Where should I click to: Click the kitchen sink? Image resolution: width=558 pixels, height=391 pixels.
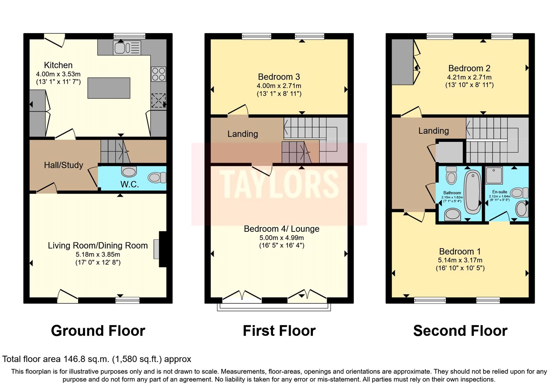coord(127,47)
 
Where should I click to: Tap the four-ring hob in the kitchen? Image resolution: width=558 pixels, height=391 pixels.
coord(158,74)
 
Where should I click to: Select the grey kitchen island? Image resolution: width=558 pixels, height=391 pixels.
coord(109,88)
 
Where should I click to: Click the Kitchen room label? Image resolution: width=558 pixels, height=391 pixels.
coord(58,65)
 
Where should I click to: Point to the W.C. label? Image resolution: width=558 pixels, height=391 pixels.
coord(130,184)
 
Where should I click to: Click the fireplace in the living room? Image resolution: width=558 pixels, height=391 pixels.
coord(162,249)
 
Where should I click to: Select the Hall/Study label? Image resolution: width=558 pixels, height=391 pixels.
coord(63,165)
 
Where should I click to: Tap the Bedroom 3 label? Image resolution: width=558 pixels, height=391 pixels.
coord(279,77)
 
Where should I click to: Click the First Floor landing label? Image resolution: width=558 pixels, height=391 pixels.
coord(243,134)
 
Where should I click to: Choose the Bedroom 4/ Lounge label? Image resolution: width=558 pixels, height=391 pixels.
coord(281,229)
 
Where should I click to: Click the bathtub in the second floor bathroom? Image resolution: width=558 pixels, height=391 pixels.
coord(473,192)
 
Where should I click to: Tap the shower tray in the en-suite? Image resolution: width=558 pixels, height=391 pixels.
coord(494,175)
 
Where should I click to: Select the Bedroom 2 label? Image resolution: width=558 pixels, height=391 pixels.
coord(469,68)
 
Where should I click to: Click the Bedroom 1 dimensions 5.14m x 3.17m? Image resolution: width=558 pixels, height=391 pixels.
coord(460,260)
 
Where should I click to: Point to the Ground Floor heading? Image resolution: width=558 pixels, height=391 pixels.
coord(98,331)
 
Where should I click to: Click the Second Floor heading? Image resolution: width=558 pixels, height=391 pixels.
coord(460,331)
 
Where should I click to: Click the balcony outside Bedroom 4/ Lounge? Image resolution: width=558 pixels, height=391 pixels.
coord(274,307)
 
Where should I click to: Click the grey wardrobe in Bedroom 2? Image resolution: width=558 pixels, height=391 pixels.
coord(402,62)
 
